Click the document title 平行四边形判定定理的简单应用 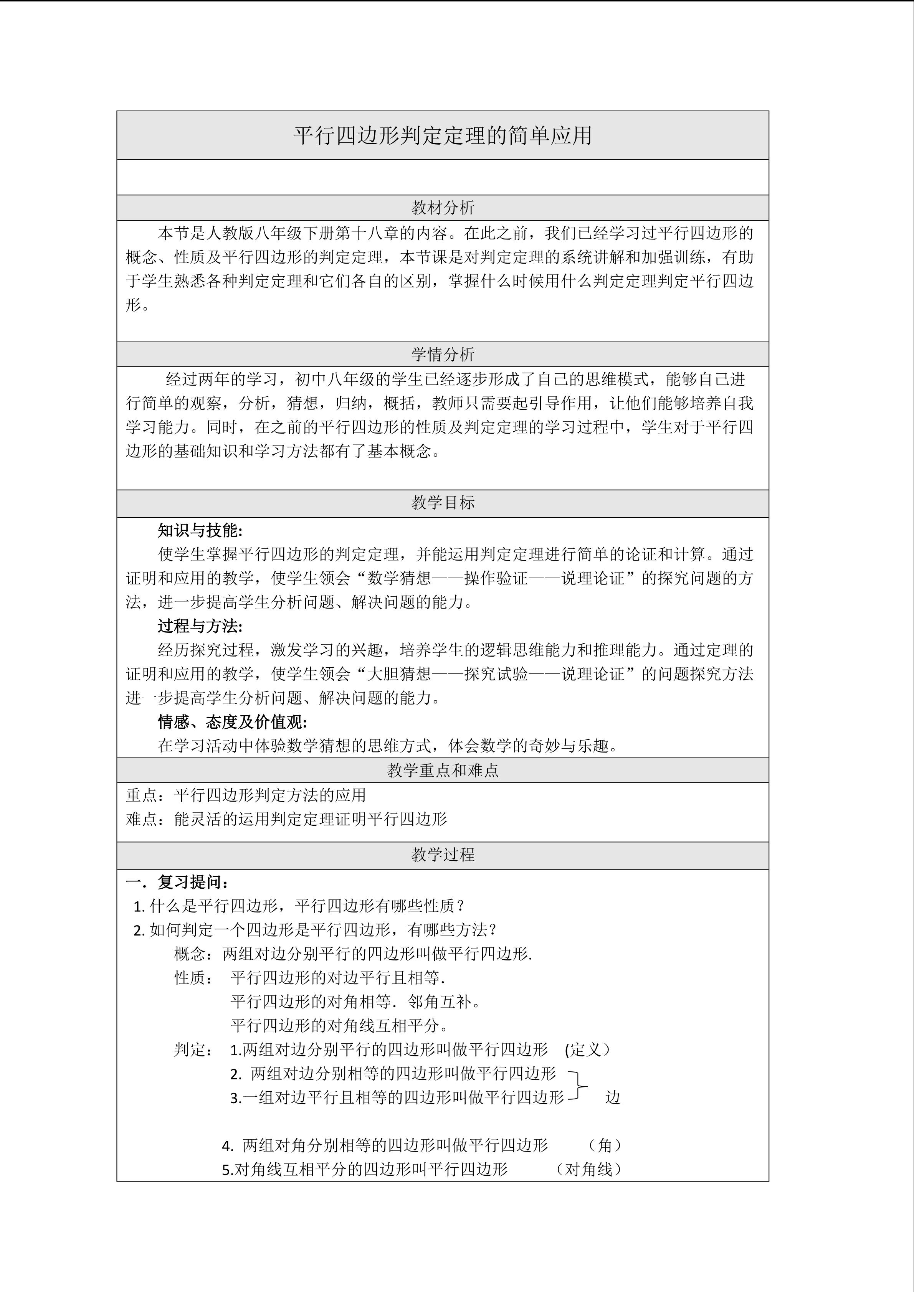pyautogui.click(x=442, y=135)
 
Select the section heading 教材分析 pyautogui.click(x=442, y=208)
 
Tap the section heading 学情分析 pyautogui.click(x=442, y=355)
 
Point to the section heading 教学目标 pyautogui.click(x=442, y=503)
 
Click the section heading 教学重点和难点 pyautogui.click(x=442, y=771)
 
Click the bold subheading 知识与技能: pyautogui.click(x=200, y=531)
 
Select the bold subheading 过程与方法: pyautogui.click(x=200, y=626)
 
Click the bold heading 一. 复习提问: pyautogui.click(x=177, y=882)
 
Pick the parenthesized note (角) pyautogui.click(x=605, y=1145)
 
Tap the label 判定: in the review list pyautogui.click(x=193, y=1049)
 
